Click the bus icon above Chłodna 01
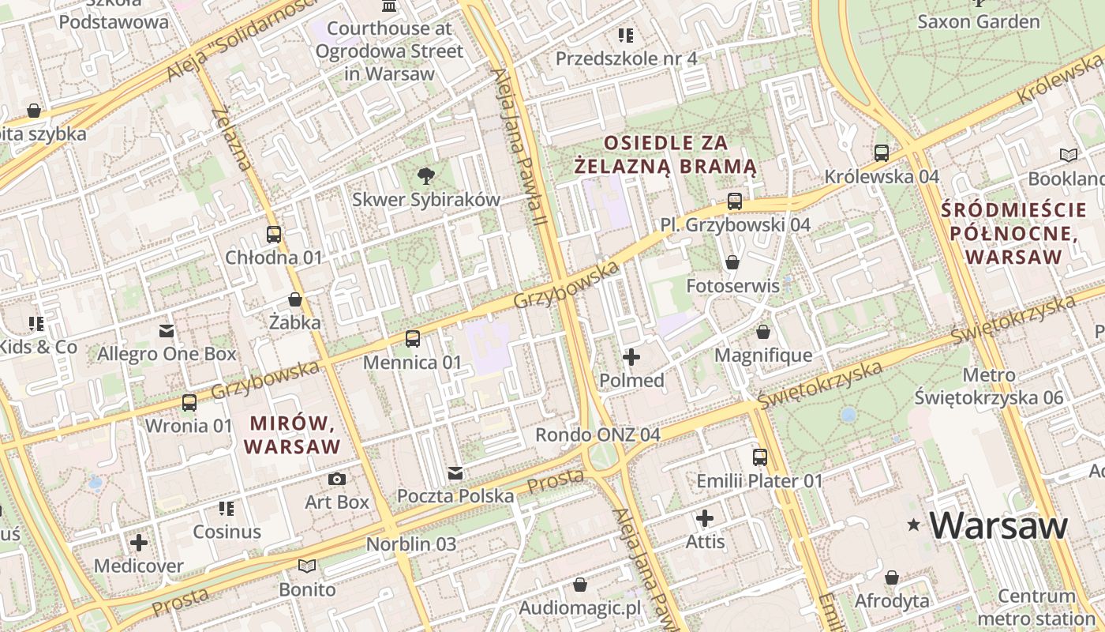click(x=274, y=235)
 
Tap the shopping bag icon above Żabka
click(x=295, y=299)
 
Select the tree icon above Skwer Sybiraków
click(x=426, y=175)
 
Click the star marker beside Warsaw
click(x=914, y=524)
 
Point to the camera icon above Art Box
click(x=337, y=479)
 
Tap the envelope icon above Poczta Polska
click(x=455, y=473)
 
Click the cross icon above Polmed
click(x=631, y=357)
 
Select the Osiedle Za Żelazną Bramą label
click(x=665, y=155)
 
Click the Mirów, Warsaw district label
click(x=292, y=434)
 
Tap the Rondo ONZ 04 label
click(x=597, y=434)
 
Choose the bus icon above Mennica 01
click(x=412, y=339)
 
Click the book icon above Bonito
click(x=307, y=566)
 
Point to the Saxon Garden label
click(x=978, y=21)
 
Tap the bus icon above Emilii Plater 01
click(x=759, y=457)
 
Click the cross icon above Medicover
click(x=139, y=542)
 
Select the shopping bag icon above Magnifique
click(x=762, y=332)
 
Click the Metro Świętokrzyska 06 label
click(x=989, y=386)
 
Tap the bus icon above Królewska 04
click(x=882, y=152)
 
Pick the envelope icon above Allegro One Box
click(x=167, y=330)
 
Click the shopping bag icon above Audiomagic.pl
click(x=580, y=585)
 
